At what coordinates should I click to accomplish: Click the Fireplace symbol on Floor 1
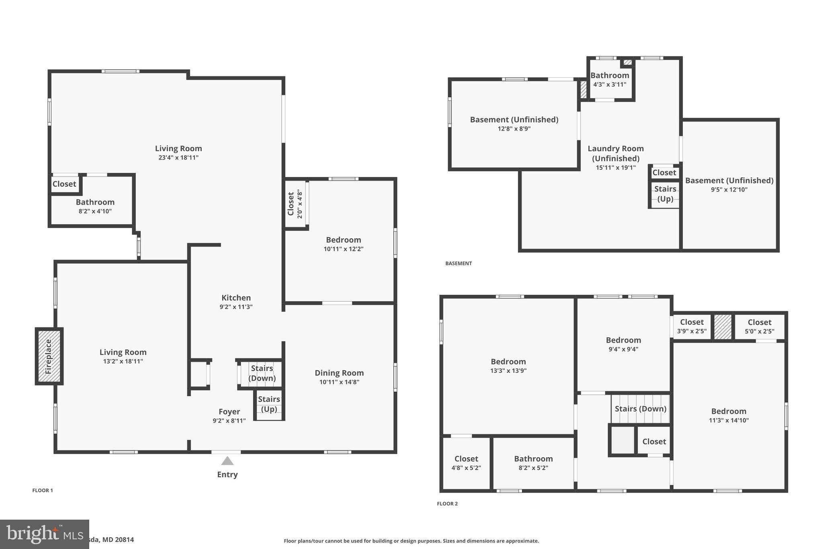click(x=49, y=356)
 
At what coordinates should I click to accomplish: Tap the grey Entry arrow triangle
click(x=227, y=461)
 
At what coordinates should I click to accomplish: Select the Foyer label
click(x=229, y=411)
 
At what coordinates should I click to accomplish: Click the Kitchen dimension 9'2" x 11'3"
click(x=236, y=307)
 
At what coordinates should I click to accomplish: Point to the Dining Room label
click(x=339, y=373)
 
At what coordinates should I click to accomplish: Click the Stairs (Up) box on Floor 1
click(x=269, y=404)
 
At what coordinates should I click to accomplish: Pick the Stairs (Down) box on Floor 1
click(x=262, y=373)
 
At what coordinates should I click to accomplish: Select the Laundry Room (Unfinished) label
click(x=616, y=153)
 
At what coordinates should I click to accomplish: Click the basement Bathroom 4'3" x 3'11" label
click(x=610, y=80)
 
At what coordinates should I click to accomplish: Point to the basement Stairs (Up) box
click(x=665, y=194)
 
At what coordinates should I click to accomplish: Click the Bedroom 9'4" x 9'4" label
click(x=623, y=344)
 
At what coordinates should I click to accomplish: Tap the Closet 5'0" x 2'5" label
click(x=759, y=327)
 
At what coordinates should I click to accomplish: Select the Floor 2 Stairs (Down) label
click(x=640, y=409)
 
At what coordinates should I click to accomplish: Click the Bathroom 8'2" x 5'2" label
click(x=533, y=463)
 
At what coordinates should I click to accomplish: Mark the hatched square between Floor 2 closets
click(x=723, y=327)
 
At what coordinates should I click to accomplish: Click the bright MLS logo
click(x=44, y=534)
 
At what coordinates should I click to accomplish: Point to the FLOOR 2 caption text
click(x=447, y=504)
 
